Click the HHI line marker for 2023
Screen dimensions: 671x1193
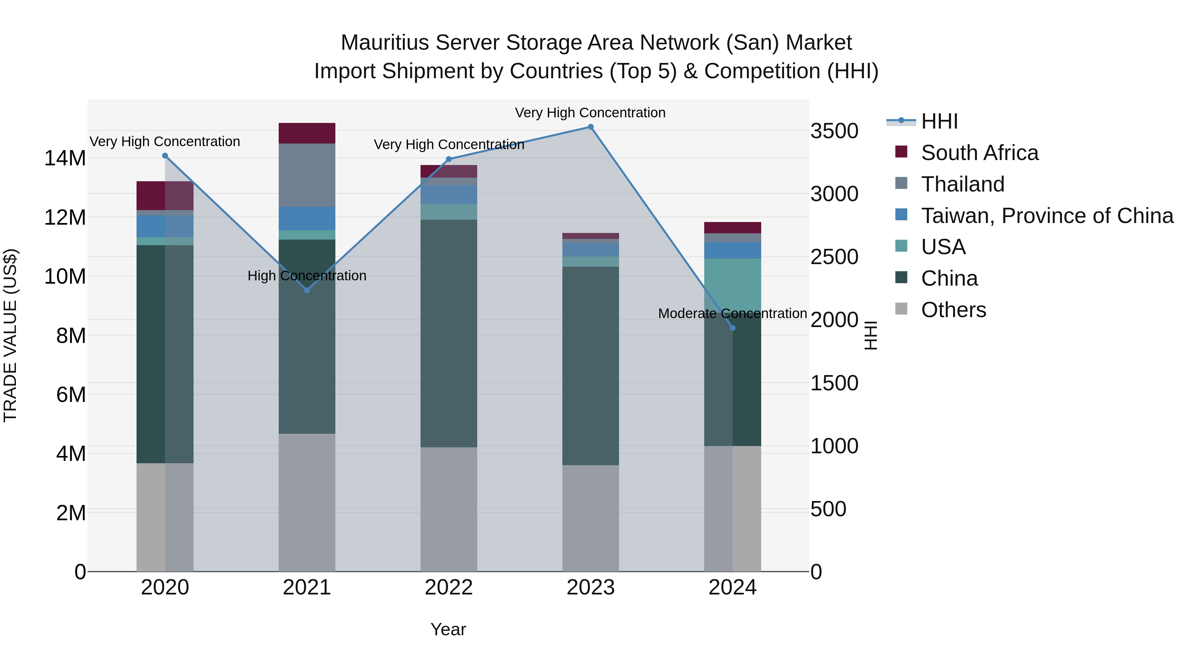pos(591,127)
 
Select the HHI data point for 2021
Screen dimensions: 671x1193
pos(307,290)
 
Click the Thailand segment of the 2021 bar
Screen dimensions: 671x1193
pos(307,175)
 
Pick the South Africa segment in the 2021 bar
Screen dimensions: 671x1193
pos(307,133)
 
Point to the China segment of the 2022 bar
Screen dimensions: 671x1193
pos(448,333)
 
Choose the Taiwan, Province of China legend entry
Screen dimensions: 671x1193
pos(1047,216)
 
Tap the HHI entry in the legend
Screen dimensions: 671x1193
pos(939,121)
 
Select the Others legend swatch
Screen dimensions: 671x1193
pos(901,309)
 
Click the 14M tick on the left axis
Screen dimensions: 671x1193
pos(65,158)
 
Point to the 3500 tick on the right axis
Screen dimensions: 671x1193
pos(834,131)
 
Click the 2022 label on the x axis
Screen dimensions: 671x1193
pos(448,587)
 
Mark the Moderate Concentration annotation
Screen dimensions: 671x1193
pos(732,313)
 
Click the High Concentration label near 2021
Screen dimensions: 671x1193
pos(307,276)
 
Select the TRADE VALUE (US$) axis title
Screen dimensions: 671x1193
pos(10,335)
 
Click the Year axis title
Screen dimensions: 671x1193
pos(448,629)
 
